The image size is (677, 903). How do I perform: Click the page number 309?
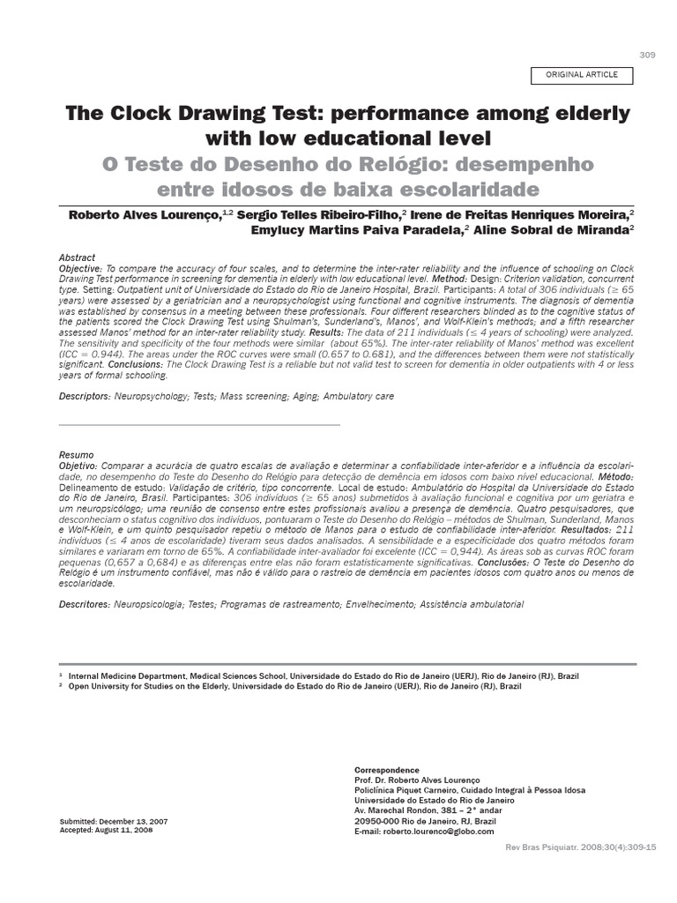coord(647,55)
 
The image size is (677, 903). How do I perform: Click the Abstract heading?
coord(77,257)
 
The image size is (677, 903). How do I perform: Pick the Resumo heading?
coord(76,455)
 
